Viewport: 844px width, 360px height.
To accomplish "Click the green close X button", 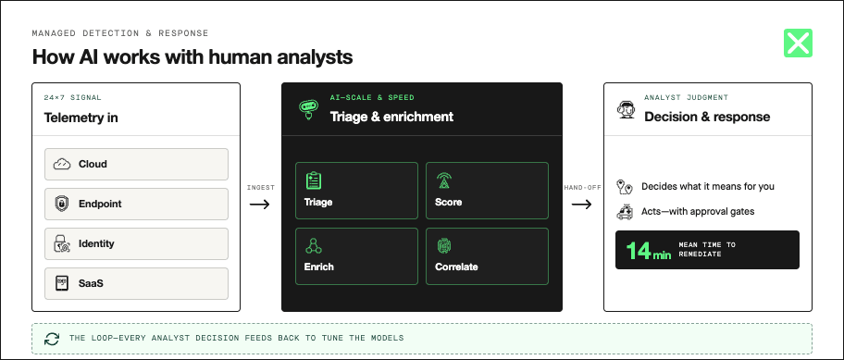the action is pos(798,43).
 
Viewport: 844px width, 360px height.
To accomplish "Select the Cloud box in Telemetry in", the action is pos(136,164).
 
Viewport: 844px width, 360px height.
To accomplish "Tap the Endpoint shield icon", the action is pos(62,204).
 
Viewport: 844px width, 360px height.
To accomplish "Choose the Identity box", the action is pos(136,243).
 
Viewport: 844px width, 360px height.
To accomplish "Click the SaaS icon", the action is pos(62,283).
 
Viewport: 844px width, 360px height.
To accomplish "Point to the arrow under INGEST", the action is pos(259,205).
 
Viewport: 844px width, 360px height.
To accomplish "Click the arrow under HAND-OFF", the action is pos(581,205).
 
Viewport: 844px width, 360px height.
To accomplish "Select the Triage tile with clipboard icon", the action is pos(356,191).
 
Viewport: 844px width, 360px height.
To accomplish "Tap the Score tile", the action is pos(487,191).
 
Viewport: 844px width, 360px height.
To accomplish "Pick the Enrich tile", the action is pos(356,256).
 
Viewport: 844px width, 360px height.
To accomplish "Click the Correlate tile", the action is pos(487,256).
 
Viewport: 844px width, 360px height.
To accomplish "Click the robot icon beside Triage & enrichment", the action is pos(308,109).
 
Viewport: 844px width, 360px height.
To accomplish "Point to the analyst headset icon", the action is pos(625,109).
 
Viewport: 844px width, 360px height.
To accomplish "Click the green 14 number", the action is pos(639,250).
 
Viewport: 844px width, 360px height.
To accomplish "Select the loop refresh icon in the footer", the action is pos(52,339).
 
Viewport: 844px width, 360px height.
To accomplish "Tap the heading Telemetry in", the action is pos(81,118).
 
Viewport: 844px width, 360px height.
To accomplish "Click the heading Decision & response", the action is pos(707,117).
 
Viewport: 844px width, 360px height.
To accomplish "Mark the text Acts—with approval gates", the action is pos(698,212).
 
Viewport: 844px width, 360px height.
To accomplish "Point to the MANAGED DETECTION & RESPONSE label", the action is pos(120,33).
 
